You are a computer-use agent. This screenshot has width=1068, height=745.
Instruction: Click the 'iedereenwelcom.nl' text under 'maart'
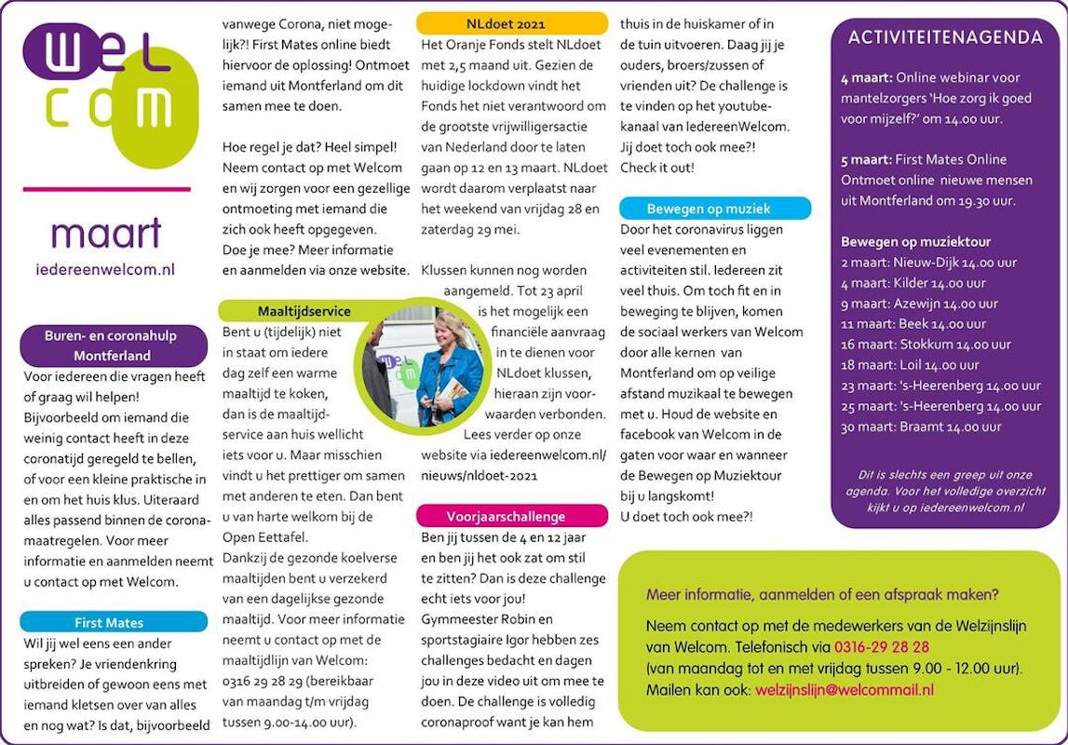point(105,270)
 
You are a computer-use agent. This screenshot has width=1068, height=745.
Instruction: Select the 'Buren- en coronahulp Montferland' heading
point(113,345)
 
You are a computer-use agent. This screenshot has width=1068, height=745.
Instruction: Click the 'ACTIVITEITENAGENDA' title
point(945,38)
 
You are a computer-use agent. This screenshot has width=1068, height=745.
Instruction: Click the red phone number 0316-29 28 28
point(881,646)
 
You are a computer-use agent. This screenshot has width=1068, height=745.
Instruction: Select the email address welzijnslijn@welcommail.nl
point(844,690)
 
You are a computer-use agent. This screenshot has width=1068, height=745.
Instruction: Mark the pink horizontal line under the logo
point(106,190)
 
